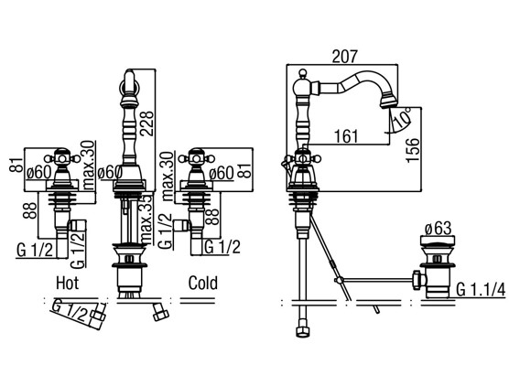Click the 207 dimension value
click(x=344, y=57)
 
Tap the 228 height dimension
click(x=146, y=123)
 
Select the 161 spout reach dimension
click(x=346, y=136)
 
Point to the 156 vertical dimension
click(x=413, y=149)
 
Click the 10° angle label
click(x=402, y=117)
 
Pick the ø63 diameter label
click(x=438, y=229)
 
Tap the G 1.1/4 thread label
click(x=482, y=290)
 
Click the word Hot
click(x=68, y=284)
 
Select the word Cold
click(x=203, y=284)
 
